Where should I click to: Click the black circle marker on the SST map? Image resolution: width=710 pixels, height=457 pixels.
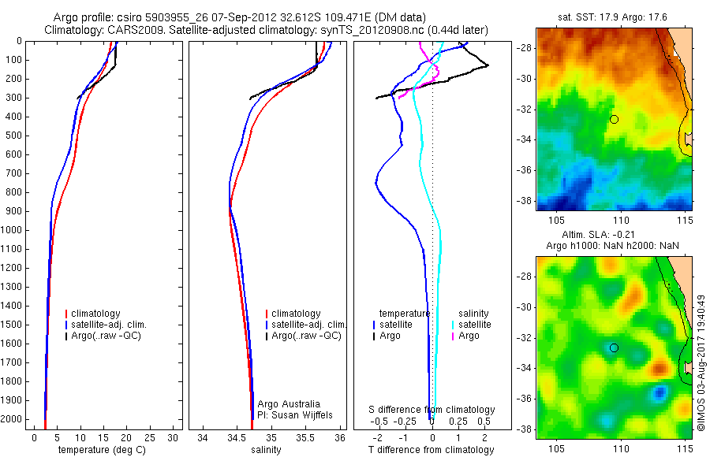(614, 119)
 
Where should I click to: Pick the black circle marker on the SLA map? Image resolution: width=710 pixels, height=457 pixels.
(614, 347)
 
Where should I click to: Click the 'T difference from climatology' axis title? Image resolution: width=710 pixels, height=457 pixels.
(431, 450)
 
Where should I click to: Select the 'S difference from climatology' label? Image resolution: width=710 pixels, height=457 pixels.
(432, 410)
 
